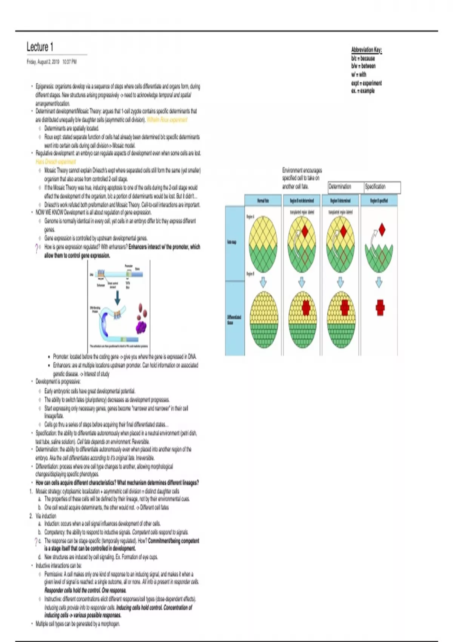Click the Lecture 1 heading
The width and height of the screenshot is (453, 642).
40,47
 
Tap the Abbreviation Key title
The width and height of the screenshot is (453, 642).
366,49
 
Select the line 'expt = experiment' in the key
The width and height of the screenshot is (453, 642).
366,83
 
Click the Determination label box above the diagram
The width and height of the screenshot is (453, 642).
345,187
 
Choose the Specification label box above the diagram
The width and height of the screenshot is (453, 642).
382,187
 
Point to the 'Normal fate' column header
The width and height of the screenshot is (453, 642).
263,200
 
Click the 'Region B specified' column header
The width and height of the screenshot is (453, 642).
379,200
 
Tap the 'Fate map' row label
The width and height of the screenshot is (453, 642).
231,242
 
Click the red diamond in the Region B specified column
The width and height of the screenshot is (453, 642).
382,229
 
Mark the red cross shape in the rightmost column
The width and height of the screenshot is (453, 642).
380,307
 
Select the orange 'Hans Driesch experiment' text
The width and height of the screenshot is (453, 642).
55,162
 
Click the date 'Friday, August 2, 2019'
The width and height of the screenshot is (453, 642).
43,62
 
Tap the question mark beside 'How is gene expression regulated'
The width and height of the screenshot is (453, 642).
36,248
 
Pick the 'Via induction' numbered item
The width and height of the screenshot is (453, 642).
46,516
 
